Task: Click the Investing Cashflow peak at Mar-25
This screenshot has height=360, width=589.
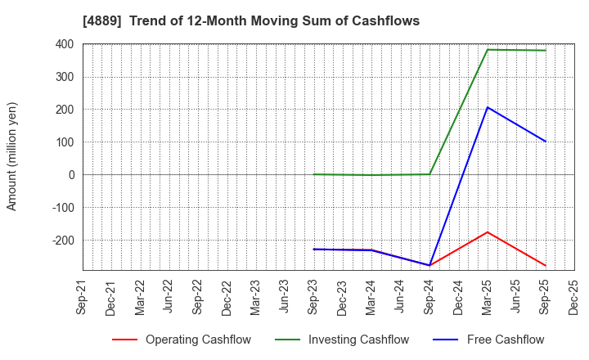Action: [488, 50]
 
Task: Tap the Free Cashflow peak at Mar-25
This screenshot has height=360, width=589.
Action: [488, 107]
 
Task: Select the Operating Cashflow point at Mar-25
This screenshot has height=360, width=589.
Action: [488, 232]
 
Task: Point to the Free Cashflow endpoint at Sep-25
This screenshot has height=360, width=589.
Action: [546, 142]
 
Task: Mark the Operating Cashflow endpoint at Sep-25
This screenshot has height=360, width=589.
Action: [546, 266]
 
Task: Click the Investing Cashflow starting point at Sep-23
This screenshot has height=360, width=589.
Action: [314, 174]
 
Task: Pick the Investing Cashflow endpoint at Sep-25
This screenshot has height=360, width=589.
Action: [546, 51]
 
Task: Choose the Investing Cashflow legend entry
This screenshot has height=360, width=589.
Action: [344, 340]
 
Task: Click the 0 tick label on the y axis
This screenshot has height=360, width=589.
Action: [72, 175]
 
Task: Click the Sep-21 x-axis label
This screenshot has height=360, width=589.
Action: [83, 298]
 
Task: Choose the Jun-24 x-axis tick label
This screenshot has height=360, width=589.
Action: [401, 298]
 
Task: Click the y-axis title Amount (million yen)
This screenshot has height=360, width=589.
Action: [12, 156]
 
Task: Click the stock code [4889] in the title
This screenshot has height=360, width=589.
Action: [101, 20]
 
